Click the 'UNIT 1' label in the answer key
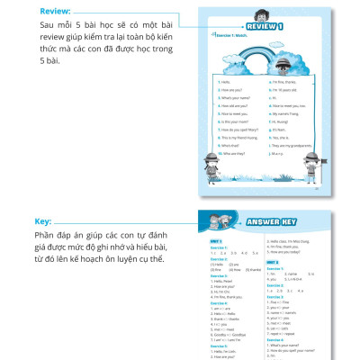(x=215, y=241)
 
